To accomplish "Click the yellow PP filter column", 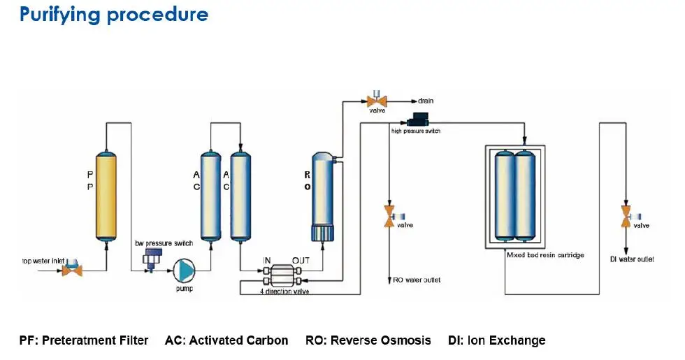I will point(106,196).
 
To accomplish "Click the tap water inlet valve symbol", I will point(72,268).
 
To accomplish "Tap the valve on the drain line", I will point(377,101).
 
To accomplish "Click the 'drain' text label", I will point(426,101).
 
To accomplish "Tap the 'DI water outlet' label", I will point(632,260).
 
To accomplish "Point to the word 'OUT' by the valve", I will point(301,260).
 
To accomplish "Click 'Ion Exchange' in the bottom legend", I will point(506,340).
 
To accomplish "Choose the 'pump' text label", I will point(185,289).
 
